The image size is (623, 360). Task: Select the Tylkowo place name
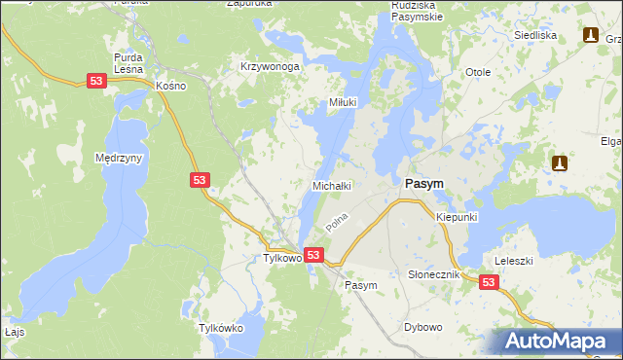pyautogui.click(x=284, y=258)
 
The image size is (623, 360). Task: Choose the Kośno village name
pyautogui.click(x=170, y=86)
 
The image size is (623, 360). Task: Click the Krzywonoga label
pyautogui.click(x=270, y=67)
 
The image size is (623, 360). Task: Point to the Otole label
pyautogui.click(x=477, y=73)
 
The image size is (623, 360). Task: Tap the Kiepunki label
pyautogui.click(x=457, y=217)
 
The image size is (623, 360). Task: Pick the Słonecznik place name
pyautogui.click(x=433, y=275)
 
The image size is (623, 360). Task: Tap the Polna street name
pyautogui.click(x=337, y=225)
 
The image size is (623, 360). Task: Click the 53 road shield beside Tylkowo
pyautogui.click(x=313, y=255)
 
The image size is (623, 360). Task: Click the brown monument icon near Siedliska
pyautogui.click(x=590, y=35)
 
